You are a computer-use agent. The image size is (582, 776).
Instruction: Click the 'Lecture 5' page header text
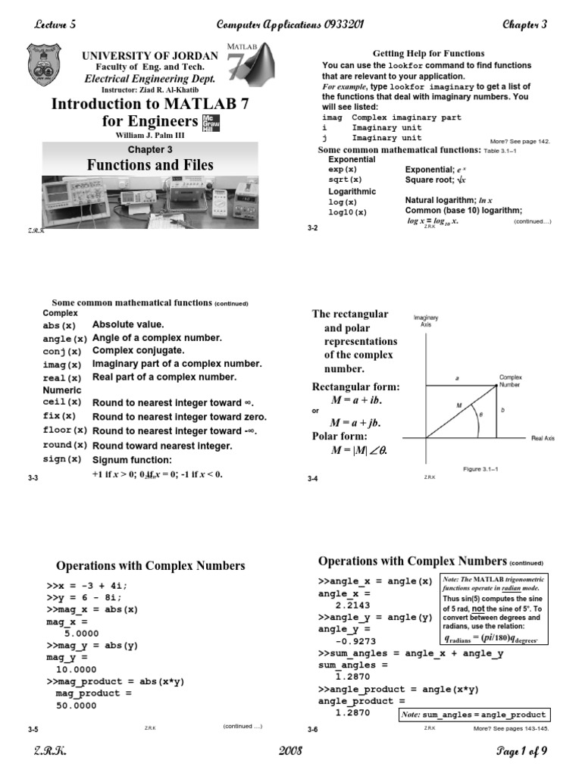point(55,24)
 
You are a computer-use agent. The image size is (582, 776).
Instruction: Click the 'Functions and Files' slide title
point(150,165)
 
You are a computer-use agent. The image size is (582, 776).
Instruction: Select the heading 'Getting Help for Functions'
point(429,54)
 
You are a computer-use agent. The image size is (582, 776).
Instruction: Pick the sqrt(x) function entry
point(345,180)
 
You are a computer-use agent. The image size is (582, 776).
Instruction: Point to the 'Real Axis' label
point(543,438)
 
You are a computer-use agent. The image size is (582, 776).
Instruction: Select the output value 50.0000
point(77,706)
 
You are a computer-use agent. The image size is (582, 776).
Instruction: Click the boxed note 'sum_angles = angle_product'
point(473,715)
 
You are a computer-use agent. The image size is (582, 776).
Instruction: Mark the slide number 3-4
point(313,479)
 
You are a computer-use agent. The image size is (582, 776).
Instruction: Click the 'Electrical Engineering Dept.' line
point(150,79)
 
